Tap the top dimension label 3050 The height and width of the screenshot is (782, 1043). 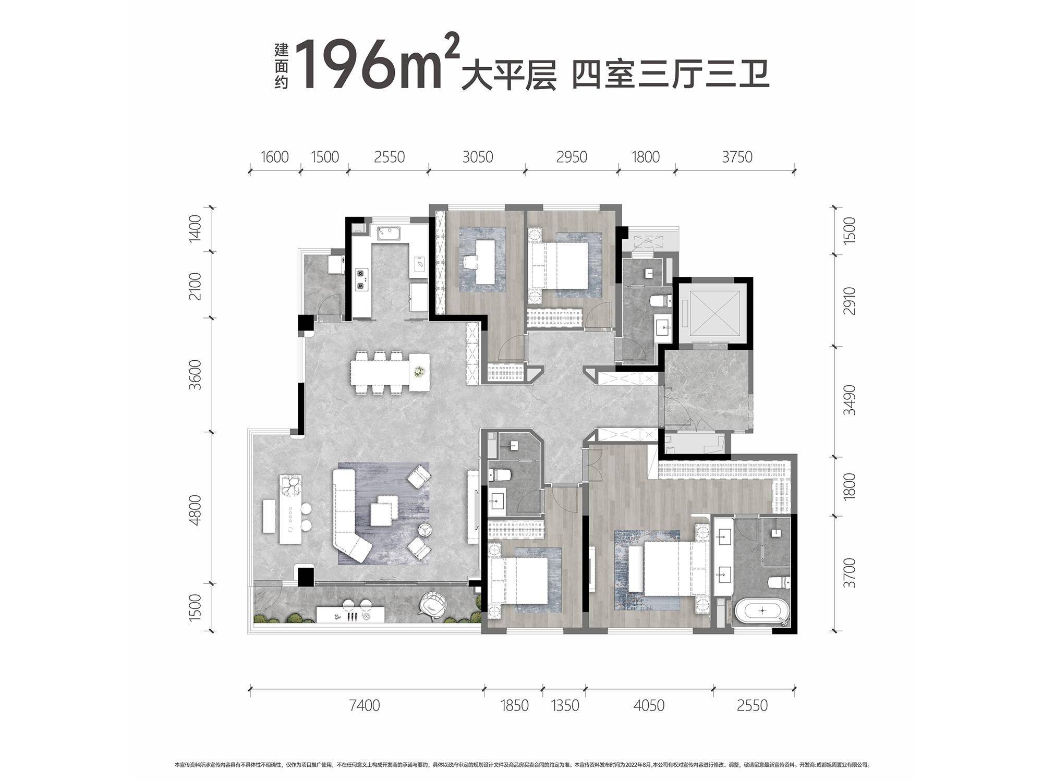click(x=477, y=157)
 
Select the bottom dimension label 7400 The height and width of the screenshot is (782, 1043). click(x=365, y=705)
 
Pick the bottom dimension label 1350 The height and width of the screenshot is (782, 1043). click(x=565, y=705)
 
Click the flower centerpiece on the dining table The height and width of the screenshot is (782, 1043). click(x=419, y=371)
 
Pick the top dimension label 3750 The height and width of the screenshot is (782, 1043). click(x=737, y=157)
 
